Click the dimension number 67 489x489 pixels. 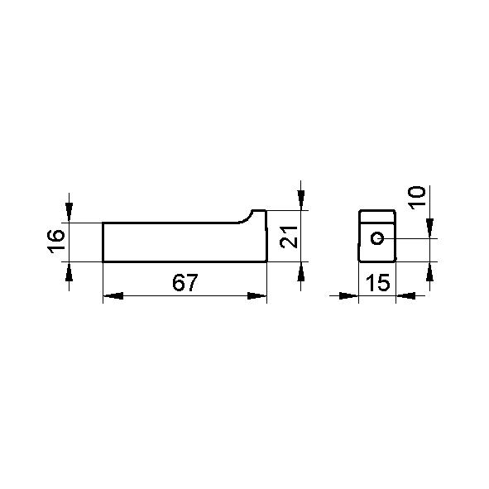point(185,282)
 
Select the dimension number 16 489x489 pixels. point(56,241)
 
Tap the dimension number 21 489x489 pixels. point(289,237)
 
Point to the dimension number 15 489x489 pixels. point(377,282)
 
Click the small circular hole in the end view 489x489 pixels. point(377,238)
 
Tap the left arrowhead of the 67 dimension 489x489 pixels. point(113,295)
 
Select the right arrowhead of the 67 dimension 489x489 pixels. point(257,295)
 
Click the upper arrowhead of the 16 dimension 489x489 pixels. point(69,213)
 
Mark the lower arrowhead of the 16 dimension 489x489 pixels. point(69,272)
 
